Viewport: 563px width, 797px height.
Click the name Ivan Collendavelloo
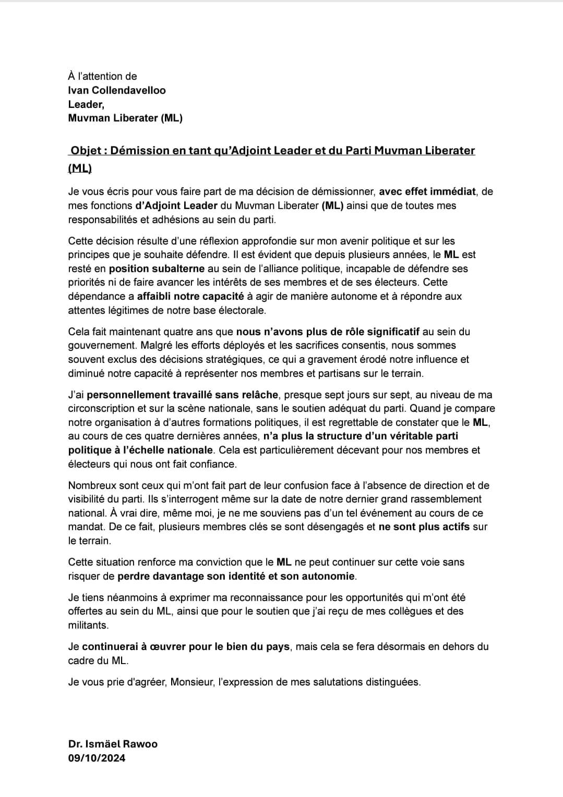point(117,90)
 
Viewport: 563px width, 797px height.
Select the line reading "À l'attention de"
point(102,76)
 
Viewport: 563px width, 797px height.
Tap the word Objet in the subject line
point(86,151)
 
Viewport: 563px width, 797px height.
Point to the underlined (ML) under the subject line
point(80,168)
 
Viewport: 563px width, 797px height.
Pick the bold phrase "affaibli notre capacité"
point(190,297)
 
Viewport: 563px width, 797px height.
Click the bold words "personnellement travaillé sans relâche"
point(183,395)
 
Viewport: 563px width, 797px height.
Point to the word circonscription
point(101,409)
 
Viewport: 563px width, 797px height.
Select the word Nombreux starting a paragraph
point(90,485)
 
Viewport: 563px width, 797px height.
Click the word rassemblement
point(448,499)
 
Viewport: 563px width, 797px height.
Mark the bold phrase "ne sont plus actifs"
point(424,526)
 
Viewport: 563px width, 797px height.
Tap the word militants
point(88,625)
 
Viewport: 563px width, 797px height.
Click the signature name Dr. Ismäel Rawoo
point(113,744)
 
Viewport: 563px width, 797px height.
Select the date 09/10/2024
point(97,758)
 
